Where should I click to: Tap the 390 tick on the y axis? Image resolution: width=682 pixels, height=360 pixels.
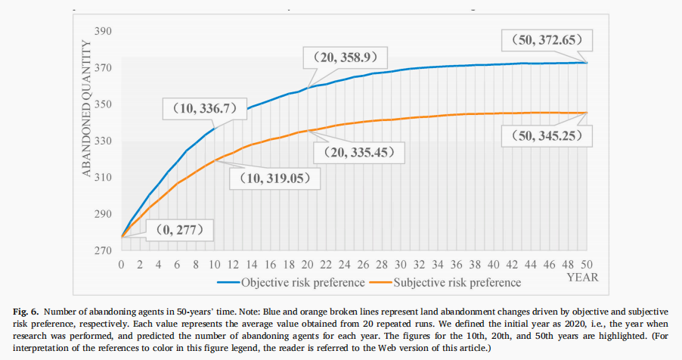pyautogui.click(x=104, y=31)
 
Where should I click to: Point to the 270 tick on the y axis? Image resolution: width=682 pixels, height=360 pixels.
pyautogui.click(x=104, y=250)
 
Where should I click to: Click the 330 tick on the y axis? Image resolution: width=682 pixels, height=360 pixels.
pyautogui.click(x=104, y=141)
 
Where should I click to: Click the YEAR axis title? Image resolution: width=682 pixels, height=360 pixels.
pyautogui.click(x=583, y=277)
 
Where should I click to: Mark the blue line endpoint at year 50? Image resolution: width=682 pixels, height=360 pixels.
pyautogui.click(x=587, y=62)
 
